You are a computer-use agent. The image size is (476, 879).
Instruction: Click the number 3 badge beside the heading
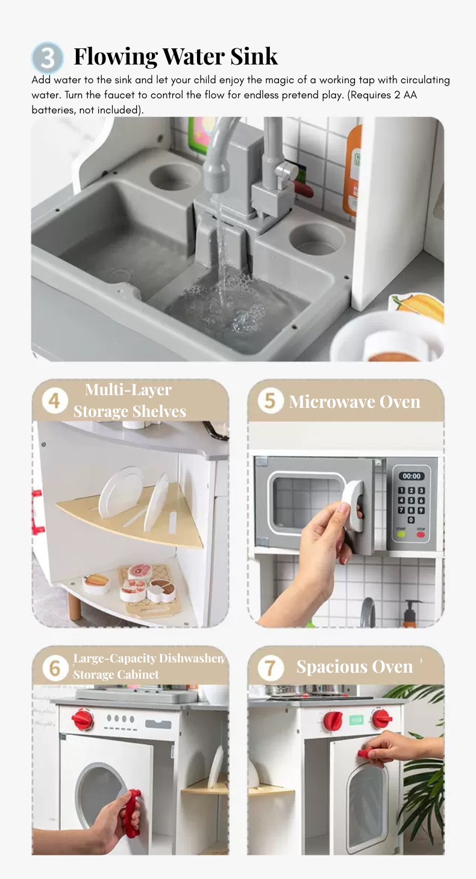[48, 58]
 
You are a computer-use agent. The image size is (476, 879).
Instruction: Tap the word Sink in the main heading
[254, 56]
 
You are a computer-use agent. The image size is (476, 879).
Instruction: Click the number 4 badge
[54, 401]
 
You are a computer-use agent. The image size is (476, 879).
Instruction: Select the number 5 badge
[271, 401]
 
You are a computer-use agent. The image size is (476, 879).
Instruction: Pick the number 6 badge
[54, 668]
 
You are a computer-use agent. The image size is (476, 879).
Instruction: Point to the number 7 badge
[271, 668]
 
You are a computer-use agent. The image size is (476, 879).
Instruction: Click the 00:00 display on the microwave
[412, 476]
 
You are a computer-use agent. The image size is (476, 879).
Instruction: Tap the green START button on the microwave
[401, 535]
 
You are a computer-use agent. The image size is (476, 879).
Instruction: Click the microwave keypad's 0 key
[411, 520]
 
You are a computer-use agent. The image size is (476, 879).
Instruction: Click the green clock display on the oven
[356, 720]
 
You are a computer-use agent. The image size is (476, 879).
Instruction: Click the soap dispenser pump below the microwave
[410, 614]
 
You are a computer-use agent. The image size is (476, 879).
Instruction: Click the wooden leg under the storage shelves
[75, 607]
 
